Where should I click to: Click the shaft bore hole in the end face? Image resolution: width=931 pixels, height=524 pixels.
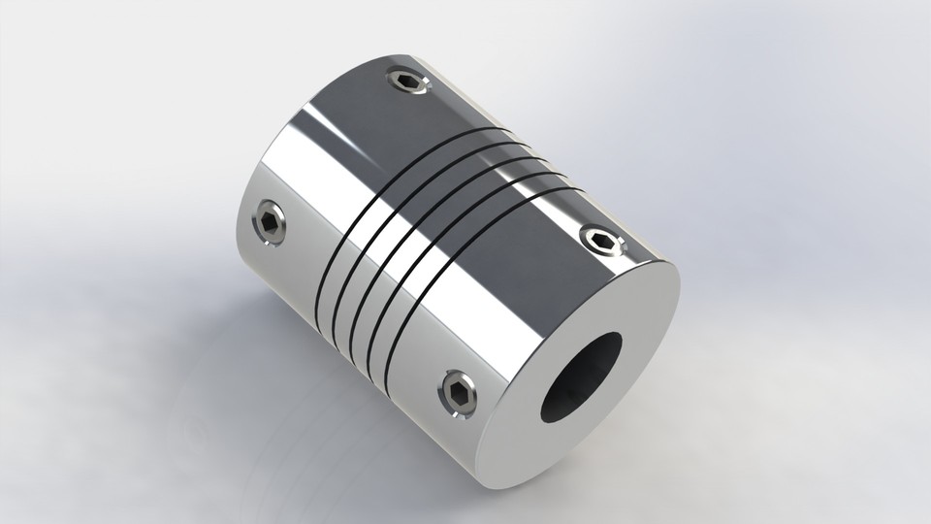pyautogui.click(x=586, y=379)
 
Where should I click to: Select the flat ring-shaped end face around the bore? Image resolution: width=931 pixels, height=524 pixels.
pyautogui.click(x=640, y=320)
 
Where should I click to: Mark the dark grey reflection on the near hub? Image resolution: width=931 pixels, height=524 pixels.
pyautogui.click(x=543, y=204)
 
